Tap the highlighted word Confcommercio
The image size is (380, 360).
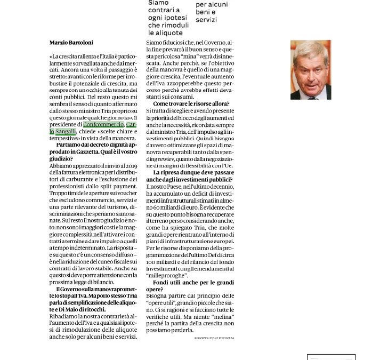pyautogui.click(x=103, y=124)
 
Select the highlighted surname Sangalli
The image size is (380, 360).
pyautogui.click(x=63, y=131)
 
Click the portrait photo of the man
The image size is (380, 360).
pyautogui.click(x=311, y=69)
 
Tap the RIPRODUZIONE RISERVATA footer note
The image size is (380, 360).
pyautogui.click(x=214, y=338)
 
